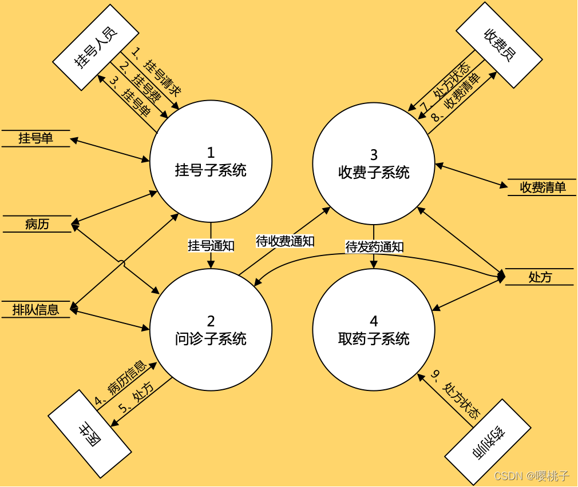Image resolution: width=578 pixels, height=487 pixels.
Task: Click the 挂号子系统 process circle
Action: [211, 161]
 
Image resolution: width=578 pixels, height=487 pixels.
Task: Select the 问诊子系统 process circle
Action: [211, 330]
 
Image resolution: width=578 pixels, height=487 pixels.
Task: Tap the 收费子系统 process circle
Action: [374, 163]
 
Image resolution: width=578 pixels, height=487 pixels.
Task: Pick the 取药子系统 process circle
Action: [374, 330]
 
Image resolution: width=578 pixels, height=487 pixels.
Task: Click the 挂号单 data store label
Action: [35, 138]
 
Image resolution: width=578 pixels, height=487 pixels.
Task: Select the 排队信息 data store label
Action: [35, 309]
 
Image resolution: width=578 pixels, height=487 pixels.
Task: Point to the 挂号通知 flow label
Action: [211, 246]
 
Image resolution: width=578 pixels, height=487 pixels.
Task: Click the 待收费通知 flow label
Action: [285, 241]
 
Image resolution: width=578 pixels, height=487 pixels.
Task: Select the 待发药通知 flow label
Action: [374, 247]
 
